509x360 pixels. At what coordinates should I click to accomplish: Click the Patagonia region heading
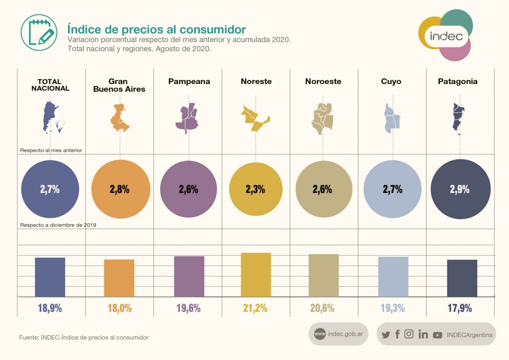[x=458, y=82]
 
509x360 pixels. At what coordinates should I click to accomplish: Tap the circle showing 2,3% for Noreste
[x=255, y=189]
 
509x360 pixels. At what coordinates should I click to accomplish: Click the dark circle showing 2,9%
[x=460, y=189]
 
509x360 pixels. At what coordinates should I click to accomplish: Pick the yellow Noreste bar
[x=255, y=274]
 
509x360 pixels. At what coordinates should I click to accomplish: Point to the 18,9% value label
[x=50, y=308]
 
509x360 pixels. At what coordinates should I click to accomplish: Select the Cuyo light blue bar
[x=393, y=276]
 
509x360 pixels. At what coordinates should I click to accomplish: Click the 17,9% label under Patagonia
[x=460, y=308]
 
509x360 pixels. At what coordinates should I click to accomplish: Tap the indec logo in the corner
[x=445, y=36]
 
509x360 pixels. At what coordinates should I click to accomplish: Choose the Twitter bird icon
[x=385, y=335]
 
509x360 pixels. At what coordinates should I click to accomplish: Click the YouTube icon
[x=437, y=335]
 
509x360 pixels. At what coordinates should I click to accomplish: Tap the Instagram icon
[x=409, y=334]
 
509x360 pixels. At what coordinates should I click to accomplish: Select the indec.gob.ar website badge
[x=339, y=334]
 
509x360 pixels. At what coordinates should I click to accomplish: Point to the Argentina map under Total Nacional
[x=51, y=117]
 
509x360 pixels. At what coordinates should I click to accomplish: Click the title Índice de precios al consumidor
[x=157, y=28]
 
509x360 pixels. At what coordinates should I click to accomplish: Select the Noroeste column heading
[x=323, y=82]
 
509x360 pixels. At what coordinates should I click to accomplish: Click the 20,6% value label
[x=322, y=308]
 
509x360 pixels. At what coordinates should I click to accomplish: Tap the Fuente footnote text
[x=84, y=338]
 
